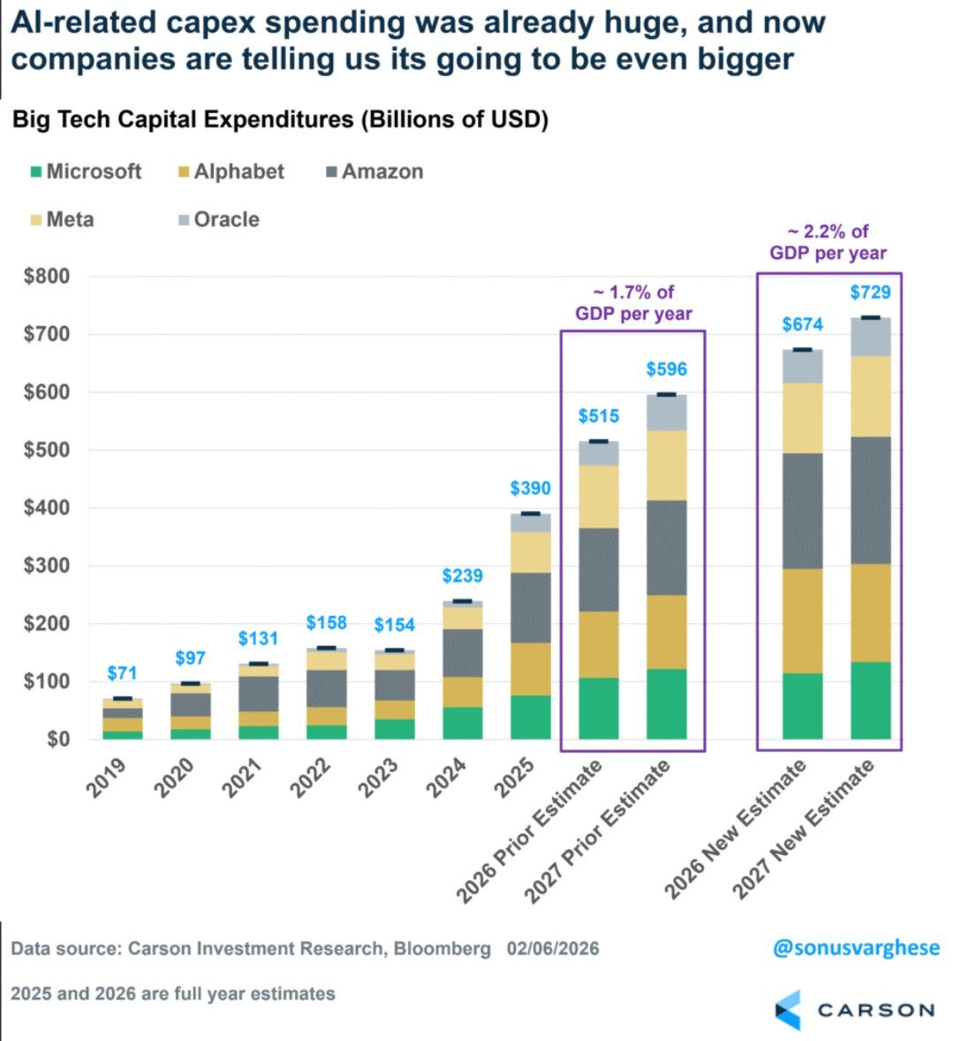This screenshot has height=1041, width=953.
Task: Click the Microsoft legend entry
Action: [x=86, y=171]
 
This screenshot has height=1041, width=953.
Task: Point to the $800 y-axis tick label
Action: [x=46, y=276]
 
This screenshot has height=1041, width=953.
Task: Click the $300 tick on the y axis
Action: [x=46, y=566]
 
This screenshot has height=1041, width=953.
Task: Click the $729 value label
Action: [x=870, y=293]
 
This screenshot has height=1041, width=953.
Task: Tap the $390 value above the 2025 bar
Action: [x=530, y=489]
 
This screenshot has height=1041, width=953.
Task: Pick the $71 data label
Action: [x=122, y=673]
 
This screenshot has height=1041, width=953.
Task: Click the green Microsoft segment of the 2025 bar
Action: [x=530, y=717]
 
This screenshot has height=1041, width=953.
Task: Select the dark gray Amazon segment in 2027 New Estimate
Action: [x=870, y=500]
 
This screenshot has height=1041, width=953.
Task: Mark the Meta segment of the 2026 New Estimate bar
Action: [x=802, y=418]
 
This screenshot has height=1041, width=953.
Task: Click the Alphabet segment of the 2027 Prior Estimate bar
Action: [x=666, y=632]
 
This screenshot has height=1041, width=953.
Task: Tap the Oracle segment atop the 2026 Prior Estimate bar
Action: [x=598, y=453]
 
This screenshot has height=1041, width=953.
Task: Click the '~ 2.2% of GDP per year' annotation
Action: [x=828, y=242]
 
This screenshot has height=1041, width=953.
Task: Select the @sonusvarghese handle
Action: [x=856, y=948]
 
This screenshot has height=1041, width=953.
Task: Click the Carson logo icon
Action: [x=789, y=1009]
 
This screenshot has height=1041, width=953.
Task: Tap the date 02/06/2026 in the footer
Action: [x=553, y=949]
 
